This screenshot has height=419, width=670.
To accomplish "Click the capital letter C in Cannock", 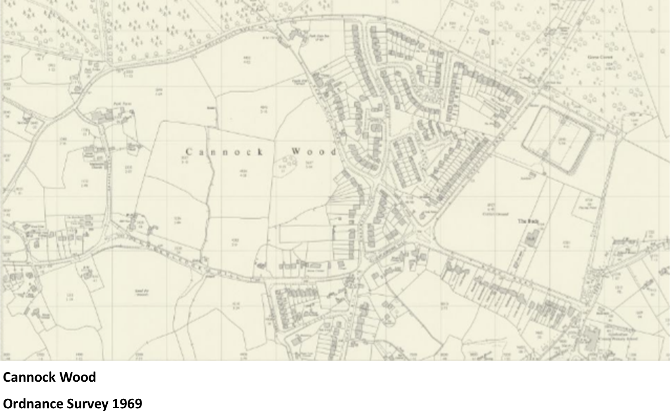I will (189, 152).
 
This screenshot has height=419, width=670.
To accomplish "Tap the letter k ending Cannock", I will (260, 152).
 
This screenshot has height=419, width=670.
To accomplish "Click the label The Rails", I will (528, 221).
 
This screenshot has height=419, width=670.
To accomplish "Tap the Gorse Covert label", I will (600, 57).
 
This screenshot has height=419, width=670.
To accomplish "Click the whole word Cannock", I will (224, 152).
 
